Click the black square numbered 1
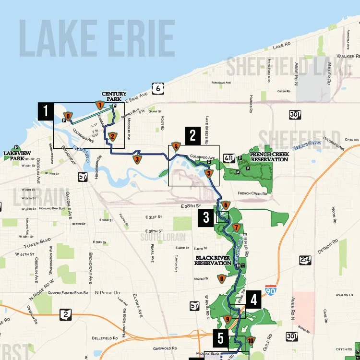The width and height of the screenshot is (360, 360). (46, 112)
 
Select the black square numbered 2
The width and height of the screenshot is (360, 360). (192, 135)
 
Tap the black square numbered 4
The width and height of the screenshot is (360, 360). (254, 300)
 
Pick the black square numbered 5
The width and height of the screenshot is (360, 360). (220, 338)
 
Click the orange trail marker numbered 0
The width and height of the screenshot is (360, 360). (68, 116)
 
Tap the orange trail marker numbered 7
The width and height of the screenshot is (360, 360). (236, 227)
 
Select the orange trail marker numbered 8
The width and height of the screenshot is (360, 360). (221, 278)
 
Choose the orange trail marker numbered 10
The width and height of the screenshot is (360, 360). (250, 341)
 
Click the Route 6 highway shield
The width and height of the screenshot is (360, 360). (157, 88)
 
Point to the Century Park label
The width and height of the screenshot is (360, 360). (114, 96)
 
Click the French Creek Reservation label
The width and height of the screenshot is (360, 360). (269, 156)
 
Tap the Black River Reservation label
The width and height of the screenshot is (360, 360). (213, 260)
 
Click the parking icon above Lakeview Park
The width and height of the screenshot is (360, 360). (17, 147)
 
